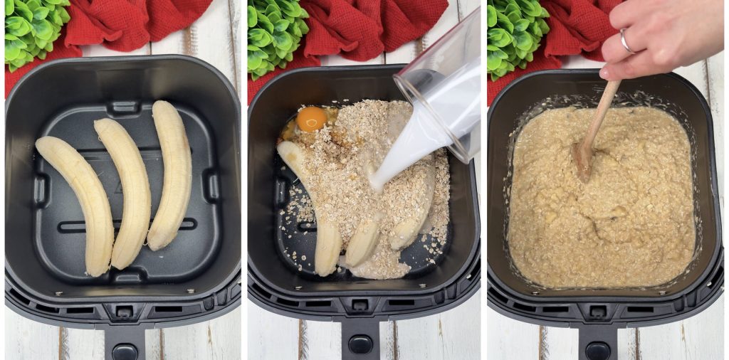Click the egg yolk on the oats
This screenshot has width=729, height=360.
point(311,119)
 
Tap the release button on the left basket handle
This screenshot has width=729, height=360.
point(125,351)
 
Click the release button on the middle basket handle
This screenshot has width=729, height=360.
point(360,344)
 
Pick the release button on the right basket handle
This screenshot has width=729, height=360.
point(597,351)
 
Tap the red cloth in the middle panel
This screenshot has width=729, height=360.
point(370,28)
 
